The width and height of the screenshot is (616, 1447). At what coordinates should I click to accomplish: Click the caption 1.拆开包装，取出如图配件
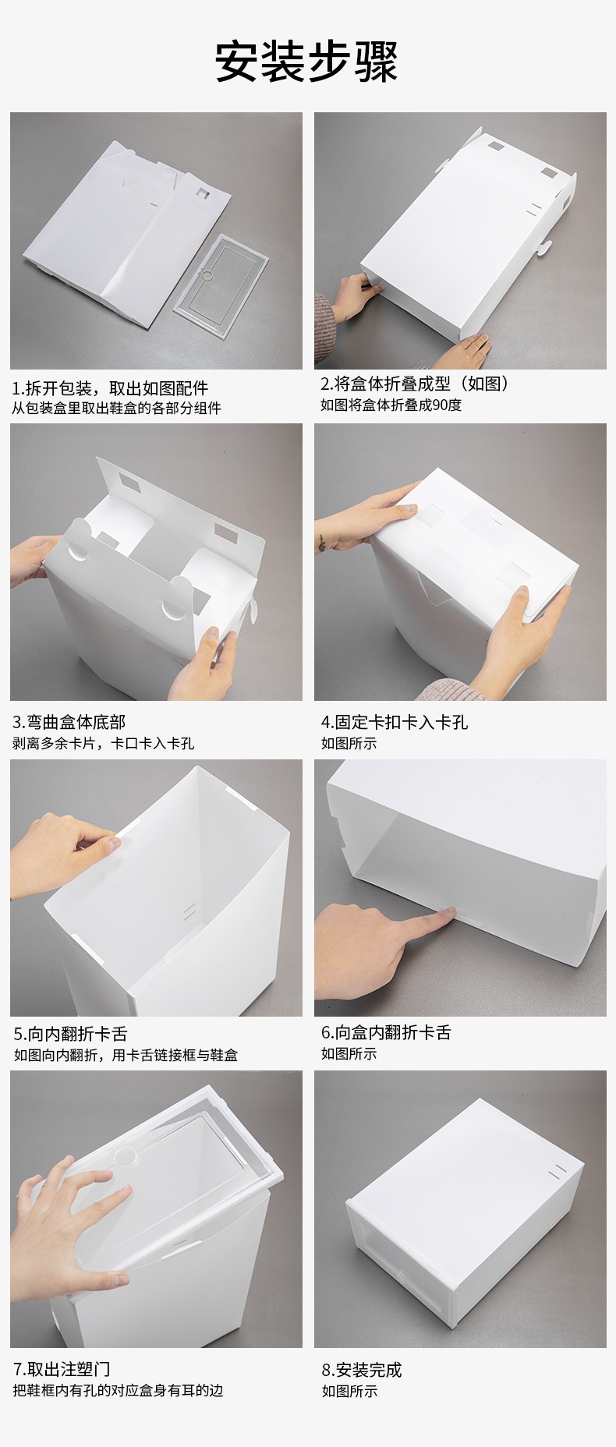110,388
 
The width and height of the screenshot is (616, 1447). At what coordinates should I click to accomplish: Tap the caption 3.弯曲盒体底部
69,722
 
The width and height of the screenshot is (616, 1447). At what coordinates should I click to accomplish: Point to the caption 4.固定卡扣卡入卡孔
395,722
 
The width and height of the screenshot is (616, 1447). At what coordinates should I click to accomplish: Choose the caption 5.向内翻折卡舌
70,1034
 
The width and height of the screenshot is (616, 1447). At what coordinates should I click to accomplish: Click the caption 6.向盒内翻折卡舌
386,1032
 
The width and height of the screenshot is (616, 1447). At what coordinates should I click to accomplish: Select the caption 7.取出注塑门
62,1369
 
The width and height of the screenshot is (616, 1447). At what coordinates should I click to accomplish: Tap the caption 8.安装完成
362,1370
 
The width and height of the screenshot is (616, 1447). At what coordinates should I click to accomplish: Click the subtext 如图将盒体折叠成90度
391,405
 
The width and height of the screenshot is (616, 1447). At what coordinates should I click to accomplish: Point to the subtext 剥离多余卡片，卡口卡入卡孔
103,743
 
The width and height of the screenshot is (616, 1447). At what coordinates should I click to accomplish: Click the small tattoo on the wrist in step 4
321,542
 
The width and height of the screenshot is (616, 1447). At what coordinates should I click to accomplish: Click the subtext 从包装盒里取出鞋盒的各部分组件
116,408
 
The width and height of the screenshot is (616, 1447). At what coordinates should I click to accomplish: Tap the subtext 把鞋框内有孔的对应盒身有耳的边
118,1390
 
